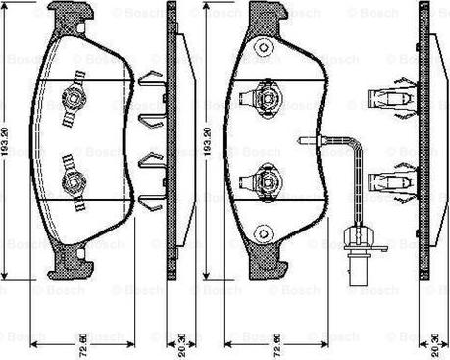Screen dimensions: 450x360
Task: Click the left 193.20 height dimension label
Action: tap(7, 144)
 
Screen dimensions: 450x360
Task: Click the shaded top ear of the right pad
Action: tap(264, 17)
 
